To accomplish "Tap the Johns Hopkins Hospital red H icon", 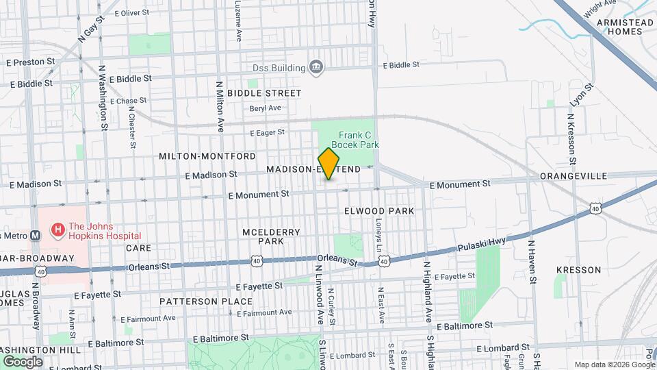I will tap(57, 230).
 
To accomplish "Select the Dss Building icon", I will tap(316, 66).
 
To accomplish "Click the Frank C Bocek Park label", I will tap(355, 140).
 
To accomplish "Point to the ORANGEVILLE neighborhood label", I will tap(574, 176).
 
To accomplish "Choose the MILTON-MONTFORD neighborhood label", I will tap(207, 156).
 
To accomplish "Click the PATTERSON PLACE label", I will tap(207, 301).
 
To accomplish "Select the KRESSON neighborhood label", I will tap(578, 270).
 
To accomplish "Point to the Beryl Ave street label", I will tap(266, 108).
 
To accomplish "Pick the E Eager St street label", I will tap(267, 132).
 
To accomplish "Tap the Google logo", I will tap(23, 361).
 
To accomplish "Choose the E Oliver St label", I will tap(132, 12).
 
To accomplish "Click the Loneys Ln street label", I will tap(379, 232).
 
